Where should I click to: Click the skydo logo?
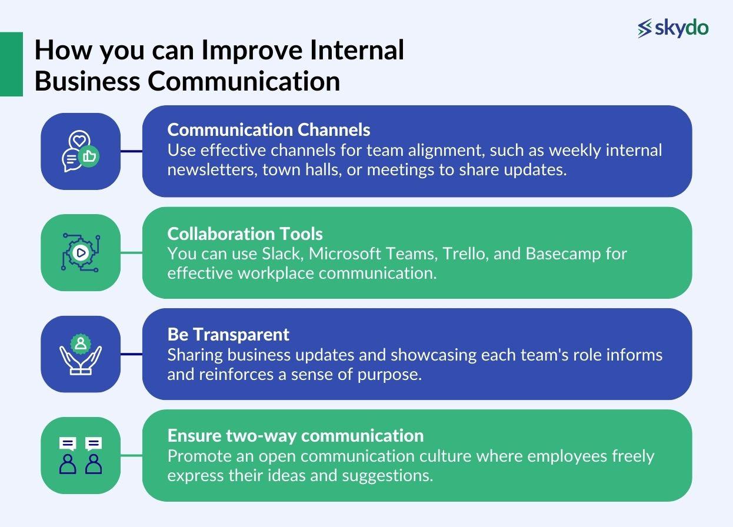pos(673,28)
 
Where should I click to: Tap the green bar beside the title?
pos(11,64)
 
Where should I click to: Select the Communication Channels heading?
pos(269,129)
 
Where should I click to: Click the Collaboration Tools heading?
pos(245,234)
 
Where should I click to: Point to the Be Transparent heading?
pos(228,334)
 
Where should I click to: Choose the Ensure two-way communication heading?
pos(295,435)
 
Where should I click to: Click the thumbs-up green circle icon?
pos(89,156)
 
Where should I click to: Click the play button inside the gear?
pos(81,253)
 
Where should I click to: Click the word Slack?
pos(282,254)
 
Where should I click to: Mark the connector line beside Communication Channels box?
pos(131,151)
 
